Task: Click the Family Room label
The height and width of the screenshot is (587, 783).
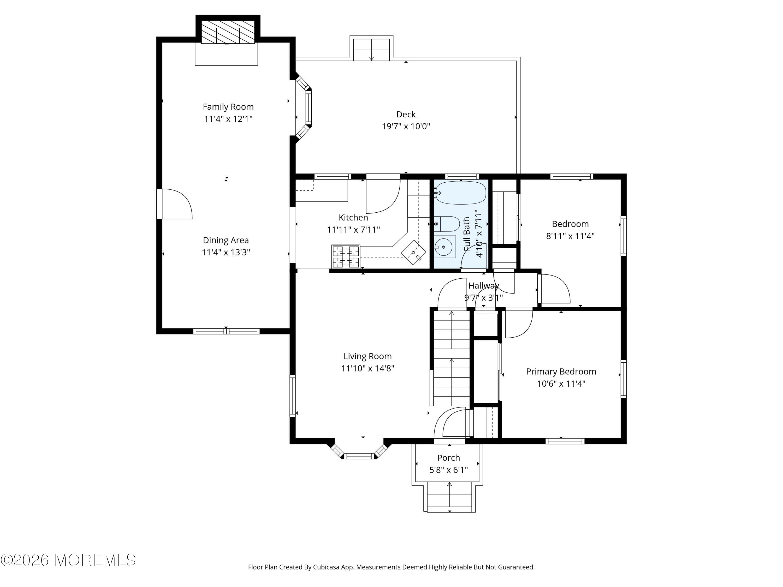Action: pyautogui.click(x=228, y=107)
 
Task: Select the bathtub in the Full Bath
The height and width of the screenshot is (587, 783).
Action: pyautogui.click(x=460, y=193)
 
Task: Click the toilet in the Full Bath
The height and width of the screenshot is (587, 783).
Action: pyautogui.click(x=447, y=224)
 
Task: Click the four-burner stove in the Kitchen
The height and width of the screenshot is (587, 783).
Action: pyautogui.click(x=346, y=256)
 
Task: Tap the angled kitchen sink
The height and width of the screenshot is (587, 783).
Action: pyautogui.click(x=413, y=252)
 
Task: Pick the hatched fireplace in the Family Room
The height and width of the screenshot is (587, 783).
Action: pyautogui.click(x=228, y=32)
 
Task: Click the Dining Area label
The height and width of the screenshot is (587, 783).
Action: pyautogui.click(x=226, y=240)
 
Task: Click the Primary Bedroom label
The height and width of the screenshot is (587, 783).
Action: pyautogui.click(x=561, y=372)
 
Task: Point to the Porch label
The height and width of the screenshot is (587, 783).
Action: pyautogui.click(x=448, y=458)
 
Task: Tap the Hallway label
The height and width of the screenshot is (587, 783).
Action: pyautogui.click(x=484, y=285)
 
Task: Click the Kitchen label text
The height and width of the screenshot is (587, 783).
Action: pyautogui.click(x=353, y=218)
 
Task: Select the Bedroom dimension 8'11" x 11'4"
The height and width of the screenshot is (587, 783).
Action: pyautogui.click(x=570, y=236)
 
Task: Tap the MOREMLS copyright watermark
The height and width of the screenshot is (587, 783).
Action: pyautogui.click(x=68, y=560)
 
